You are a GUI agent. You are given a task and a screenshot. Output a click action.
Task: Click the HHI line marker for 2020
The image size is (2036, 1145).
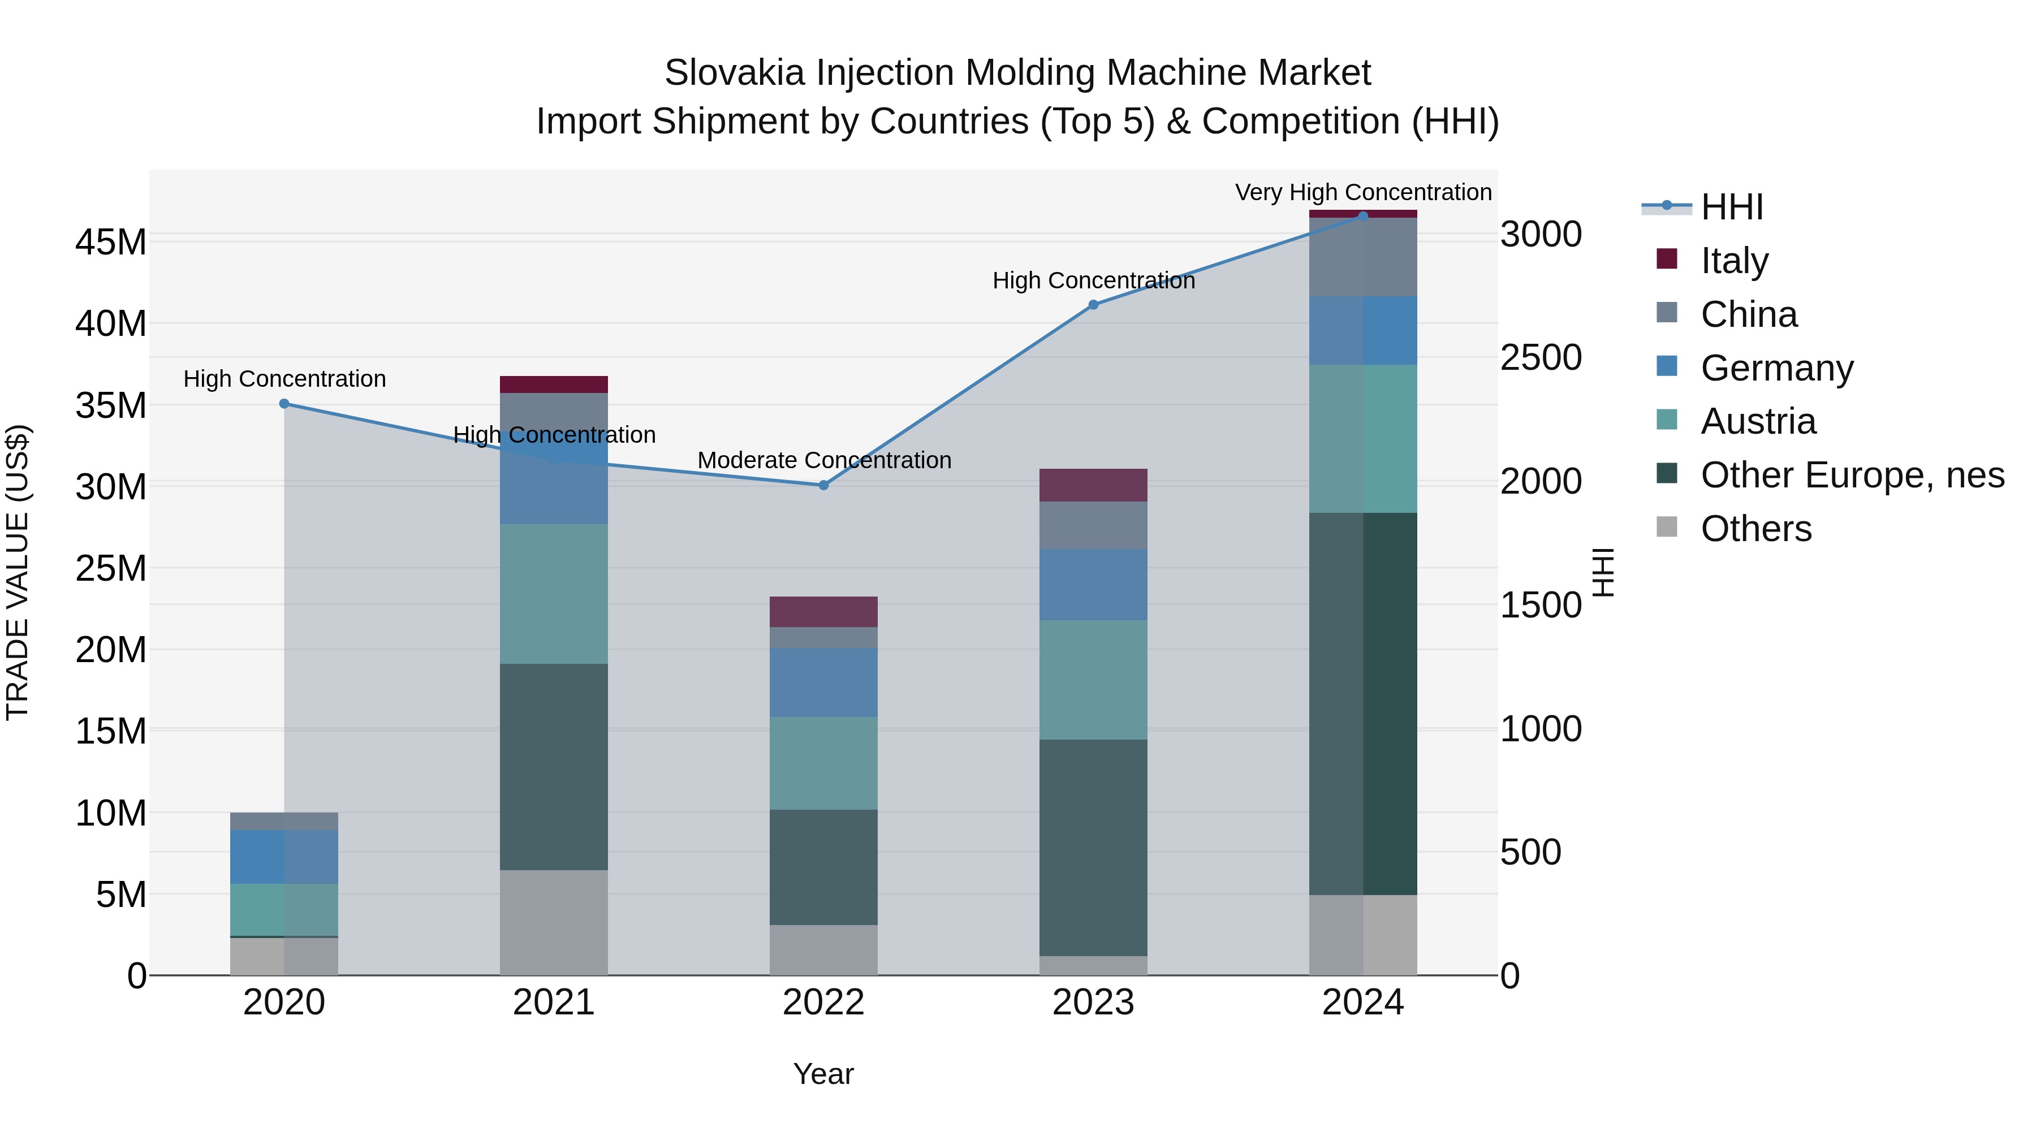[284, 404]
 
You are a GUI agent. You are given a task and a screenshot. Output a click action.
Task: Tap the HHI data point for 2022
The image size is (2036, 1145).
[823, 485]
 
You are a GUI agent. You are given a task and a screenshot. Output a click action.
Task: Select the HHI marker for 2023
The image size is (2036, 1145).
[1093, 305]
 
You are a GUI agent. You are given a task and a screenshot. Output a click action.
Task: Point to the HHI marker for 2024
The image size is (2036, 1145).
[1362, 217]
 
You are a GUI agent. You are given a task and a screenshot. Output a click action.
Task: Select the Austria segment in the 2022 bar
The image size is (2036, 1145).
[823, 763]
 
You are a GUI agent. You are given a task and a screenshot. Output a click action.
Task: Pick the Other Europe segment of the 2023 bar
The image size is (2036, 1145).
[1093, 848]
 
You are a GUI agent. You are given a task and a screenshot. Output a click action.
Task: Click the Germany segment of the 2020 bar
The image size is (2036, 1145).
[284, 857]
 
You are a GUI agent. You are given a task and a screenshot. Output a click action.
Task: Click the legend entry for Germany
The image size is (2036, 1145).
[1776, 368]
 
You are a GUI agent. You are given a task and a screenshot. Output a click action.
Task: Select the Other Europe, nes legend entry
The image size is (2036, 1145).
[1852, 476]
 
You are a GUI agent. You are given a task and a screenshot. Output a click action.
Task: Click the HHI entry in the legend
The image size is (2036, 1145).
[1731, 207]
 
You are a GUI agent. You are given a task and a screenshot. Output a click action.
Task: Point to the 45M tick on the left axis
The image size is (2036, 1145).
[111, 242]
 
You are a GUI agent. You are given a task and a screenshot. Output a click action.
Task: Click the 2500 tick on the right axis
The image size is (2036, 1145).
[1541, 358]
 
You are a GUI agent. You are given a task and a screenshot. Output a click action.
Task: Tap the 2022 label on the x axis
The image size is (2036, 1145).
[823, 1003]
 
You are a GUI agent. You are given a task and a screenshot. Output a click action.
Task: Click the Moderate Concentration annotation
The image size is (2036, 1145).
[823, 460]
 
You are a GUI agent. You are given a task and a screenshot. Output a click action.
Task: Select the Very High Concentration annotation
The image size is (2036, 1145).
[1362, 192]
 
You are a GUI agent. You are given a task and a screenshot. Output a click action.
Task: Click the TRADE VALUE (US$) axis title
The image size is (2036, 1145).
[18, 572]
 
